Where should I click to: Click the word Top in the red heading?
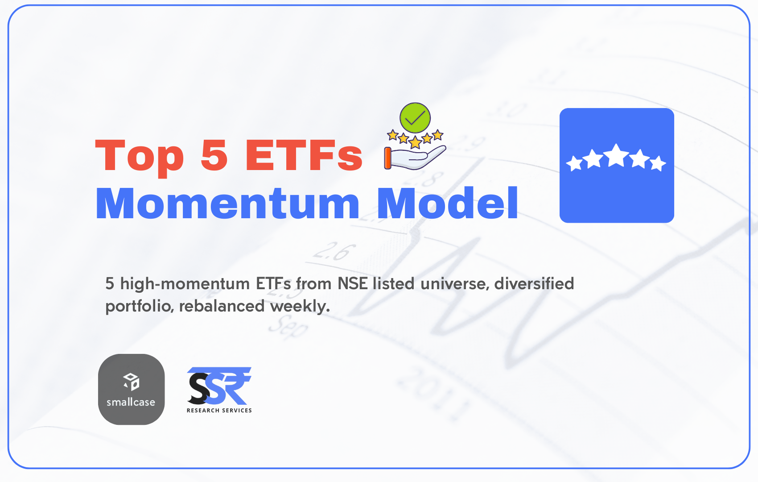pyautogui.click(x=140, y=157)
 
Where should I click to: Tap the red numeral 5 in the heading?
pyautogui.click(x=214, y=155)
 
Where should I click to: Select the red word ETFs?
pyautogui.click(x=304, y=155)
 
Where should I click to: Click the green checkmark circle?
pyautogui.click(x=415, y=118)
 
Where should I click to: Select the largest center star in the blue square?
pyautogui.click(x=616, y=155)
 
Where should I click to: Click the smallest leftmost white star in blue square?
pyautogui.click(x=574, y=163)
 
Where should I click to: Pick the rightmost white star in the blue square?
pyautogui.click(x=658, y=163)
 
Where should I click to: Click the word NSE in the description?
pyautogui.click(x=352, y=283)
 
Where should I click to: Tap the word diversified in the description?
pyautogui.click(x=534, y=283)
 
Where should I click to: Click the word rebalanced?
pyautogui.click(x=222, y=306)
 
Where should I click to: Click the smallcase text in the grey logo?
pyautogui.click(x=131, y=402)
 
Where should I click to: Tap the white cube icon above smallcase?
pyautogui.click(x=131, y=382)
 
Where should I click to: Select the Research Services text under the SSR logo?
pyautogui.click(x=219, y=411)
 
